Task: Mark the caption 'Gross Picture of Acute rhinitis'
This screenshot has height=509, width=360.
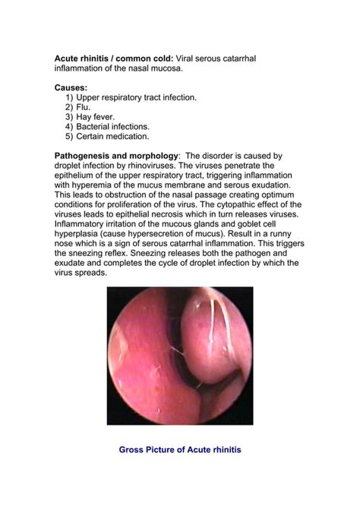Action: (180, 450)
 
